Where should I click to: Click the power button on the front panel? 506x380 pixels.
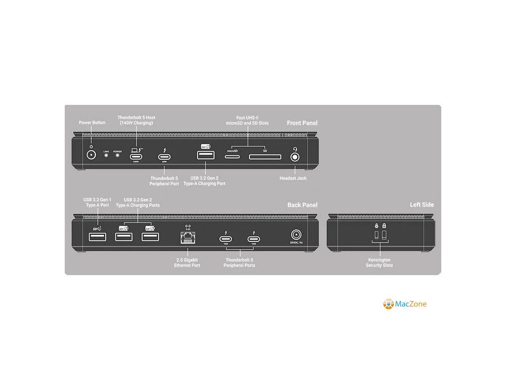click(91, 154)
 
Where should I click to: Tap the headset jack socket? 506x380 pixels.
click(295, 157)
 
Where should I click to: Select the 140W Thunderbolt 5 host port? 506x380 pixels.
click(136, 157)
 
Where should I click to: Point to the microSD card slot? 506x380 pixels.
click(233, 157)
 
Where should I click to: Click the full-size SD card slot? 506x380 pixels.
click(264, 157)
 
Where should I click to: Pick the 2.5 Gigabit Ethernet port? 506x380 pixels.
click(188, 238)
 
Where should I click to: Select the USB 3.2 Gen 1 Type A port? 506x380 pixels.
click(97, 237)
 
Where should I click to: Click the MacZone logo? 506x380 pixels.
click(405, 304)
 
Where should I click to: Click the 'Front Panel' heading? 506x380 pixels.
click(302, 123)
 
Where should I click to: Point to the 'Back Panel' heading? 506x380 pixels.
click(302, 205)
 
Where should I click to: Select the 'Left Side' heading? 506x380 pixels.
click(422, 205)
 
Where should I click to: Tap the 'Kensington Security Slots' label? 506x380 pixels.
click(379, 262)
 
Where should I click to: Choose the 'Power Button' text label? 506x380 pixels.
click(92, 123)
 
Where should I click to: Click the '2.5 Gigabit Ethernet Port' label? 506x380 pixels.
click(187, 262)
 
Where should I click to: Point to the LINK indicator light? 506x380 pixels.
click(106, 155)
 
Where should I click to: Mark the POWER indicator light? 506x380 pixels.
click(117, 155)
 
